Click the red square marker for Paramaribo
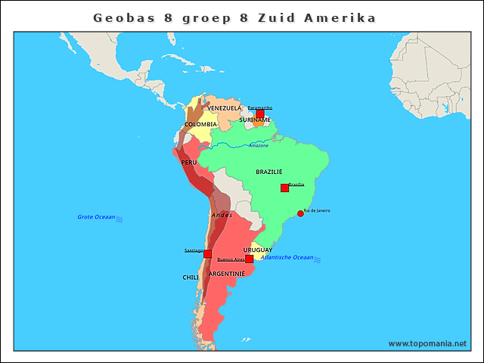(x=260, y=113)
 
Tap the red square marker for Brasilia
(x=284, y=188)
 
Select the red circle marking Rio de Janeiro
(x=300, y=214)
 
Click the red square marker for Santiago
(x=207, y=253)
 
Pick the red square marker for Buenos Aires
(x=249, y=259)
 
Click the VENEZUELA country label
(x=225, y=108)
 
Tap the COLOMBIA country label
(x=200, y=124)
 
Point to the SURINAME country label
(x=255, y=119)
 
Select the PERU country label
(x=189, y=163)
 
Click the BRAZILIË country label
(x=269, y=172)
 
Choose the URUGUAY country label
(x=258, y=250)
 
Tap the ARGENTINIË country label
(x=227, y=273)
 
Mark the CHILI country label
(x=191, y=278)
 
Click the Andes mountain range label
(x=222, y=216)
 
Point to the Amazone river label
(x=259, y=145)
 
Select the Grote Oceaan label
(x=96, y=217)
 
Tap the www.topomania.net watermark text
(x=427, y=343)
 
